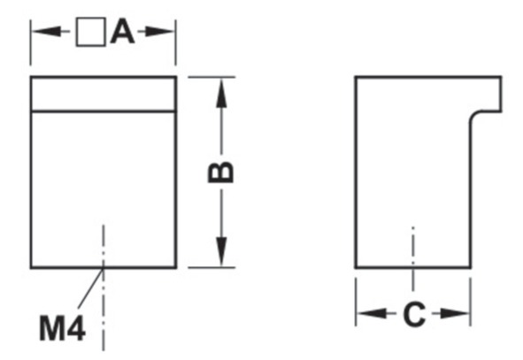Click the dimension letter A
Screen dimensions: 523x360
(x=122, y=31)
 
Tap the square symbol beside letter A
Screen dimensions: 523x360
(x=91, y=32)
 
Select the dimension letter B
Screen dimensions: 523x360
(x=220, y=172)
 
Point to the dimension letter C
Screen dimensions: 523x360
(x=414, y=314)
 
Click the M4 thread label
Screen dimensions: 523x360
(x=62, y=328)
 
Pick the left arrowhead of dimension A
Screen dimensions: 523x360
(x=47, y=32)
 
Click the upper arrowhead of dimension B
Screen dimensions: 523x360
(x=221, y=93)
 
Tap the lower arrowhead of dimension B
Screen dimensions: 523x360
(x=221, y=252)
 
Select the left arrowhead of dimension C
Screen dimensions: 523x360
(x=372, y=314)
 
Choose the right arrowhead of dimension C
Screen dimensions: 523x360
(x=455, y=314)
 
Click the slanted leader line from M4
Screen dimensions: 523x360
(x=91, y=288)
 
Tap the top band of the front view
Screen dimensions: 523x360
(x=104, y=94)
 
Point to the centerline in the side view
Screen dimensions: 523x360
(x=413, y=259)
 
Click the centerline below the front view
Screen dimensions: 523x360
(x=104, y=287)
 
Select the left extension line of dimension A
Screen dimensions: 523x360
(x=31, y=42)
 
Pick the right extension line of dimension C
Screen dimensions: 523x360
(x=471, y=302)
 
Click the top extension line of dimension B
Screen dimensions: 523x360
(x=212, y=77)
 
